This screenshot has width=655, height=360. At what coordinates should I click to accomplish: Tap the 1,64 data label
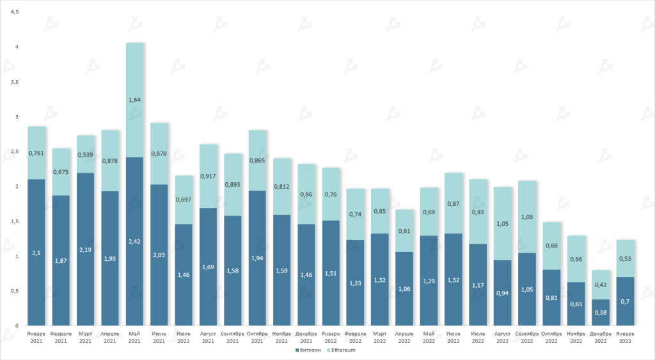pos(134,100)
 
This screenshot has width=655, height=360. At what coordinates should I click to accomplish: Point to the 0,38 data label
pos(600,313)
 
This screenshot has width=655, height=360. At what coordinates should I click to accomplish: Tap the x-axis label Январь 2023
pos(625,338)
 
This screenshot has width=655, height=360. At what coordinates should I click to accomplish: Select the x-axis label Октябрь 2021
pos(257,338)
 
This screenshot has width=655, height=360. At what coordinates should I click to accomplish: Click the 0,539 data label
pos(85,154)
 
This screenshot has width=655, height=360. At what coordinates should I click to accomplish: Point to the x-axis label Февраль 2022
pos(355,338)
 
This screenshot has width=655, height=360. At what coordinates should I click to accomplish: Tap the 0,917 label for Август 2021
pos(208,176)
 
